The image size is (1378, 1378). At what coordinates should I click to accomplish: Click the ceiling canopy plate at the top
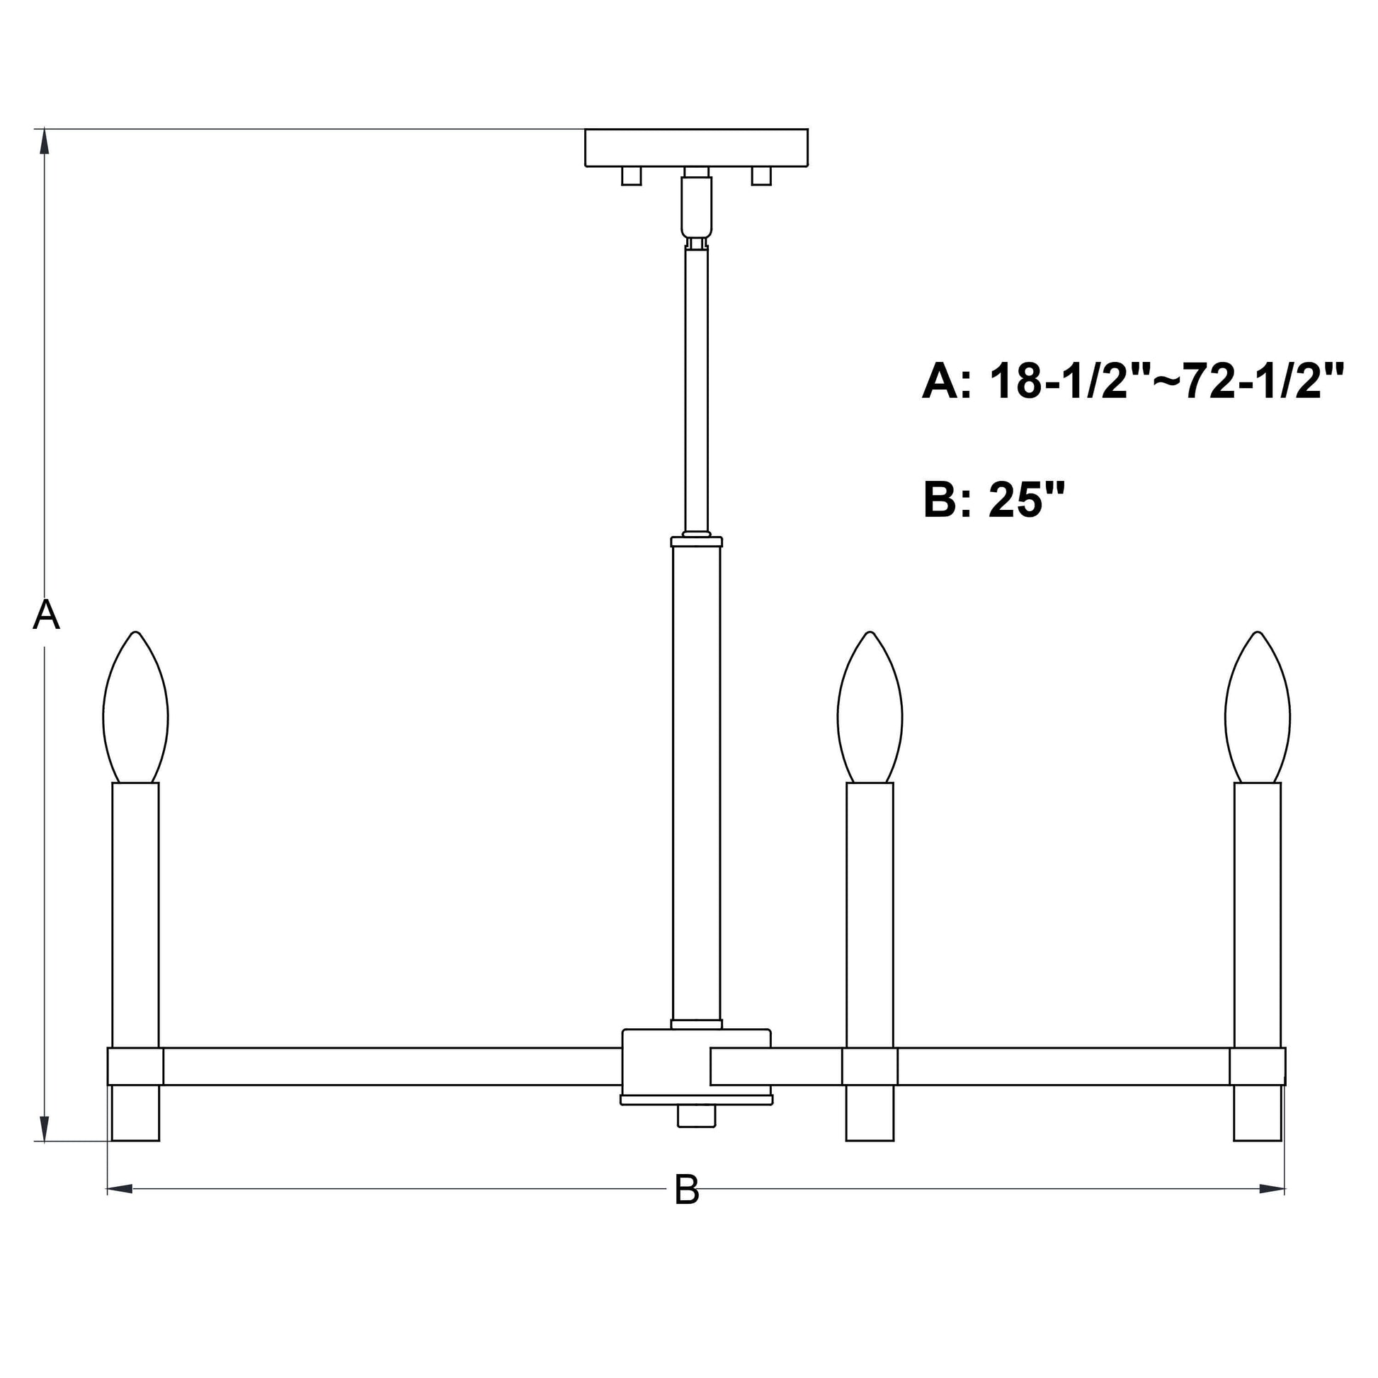click(x=696, y=147)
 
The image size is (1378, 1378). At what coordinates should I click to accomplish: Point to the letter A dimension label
click(x=46, y=615)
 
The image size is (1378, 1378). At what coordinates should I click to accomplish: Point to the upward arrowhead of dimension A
click(x=44, y=140)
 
